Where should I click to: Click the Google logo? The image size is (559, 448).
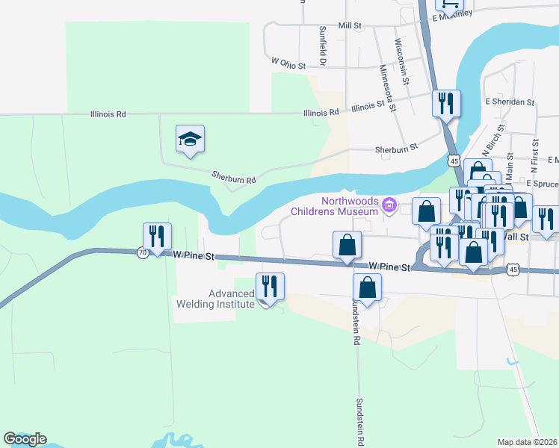(25, 439)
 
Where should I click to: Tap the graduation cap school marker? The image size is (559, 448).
(191, 139)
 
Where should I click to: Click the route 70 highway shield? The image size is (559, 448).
(143, 252)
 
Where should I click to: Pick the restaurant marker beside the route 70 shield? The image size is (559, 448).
(157, 237)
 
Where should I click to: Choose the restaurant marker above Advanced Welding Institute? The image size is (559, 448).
(269, 287)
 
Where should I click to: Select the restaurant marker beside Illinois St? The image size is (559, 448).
(446, 104)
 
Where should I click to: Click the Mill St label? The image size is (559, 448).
(350, 25)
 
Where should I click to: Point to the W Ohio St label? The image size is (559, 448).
(289, 64)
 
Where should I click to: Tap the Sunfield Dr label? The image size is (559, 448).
(323, 47)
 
